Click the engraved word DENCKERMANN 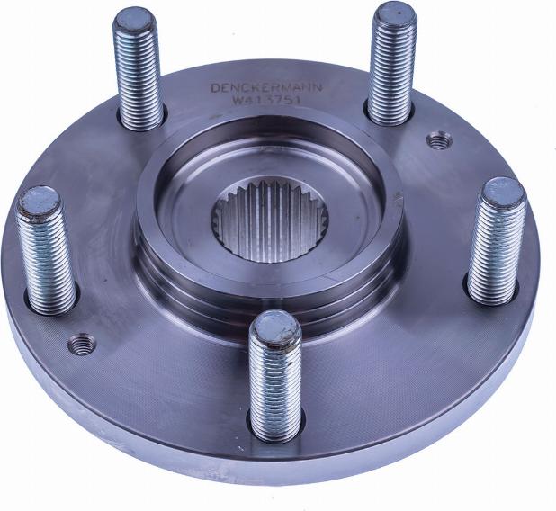[266, 87]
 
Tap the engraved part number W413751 [266, 100]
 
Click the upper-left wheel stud [138, 68]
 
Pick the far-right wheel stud [497, 242]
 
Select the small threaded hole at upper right [439, 141]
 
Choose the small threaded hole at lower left [82, 344]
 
